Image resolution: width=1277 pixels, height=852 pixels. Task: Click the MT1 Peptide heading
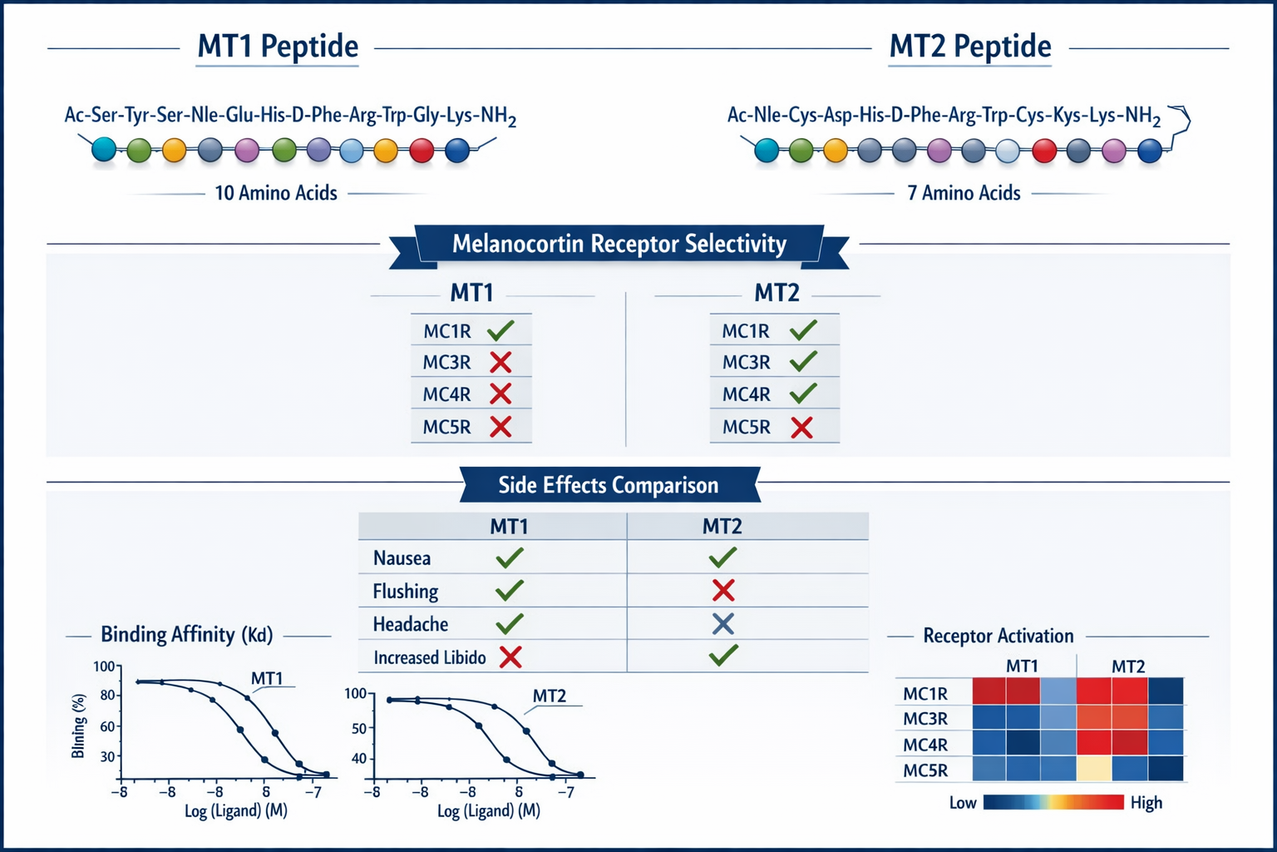click(278, 47)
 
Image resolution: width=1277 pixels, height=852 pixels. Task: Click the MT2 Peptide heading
click(969, 47)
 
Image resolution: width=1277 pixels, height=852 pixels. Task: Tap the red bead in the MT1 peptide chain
click(422, 151)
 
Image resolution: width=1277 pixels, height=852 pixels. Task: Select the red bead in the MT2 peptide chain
click(1043, 151)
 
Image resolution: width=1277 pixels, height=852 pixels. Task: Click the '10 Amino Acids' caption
click(276, 193)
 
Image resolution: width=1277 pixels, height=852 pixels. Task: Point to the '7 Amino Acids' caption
click(964, 193)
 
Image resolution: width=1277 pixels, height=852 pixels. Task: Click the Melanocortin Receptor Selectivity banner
click(619, 245)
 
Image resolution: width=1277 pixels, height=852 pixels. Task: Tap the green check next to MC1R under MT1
click(500, 331)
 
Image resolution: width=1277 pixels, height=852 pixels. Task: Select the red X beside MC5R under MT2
click(801, 428)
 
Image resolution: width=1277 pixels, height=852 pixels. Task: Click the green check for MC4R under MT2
click(803, 394)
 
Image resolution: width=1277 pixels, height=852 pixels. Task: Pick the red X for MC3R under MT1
click(500, 363)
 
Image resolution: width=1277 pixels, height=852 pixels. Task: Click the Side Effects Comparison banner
click(608, 485)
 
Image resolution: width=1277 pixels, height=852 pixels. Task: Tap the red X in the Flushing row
click(723, 591)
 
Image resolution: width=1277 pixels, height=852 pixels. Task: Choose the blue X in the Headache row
click(723, 624)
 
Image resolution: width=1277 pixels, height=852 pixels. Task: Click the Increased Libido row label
click(429, 658)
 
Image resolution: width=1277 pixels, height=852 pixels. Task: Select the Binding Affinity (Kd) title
click(186, 635)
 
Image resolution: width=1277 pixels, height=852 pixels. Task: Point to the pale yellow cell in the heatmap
click(1093, 769)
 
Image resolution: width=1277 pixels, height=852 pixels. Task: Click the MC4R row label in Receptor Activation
click(924, 745)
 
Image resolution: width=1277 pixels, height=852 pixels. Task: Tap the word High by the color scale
click(1146, 803)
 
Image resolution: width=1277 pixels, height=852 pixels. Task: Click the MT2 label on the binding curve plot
click(549, 696)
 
